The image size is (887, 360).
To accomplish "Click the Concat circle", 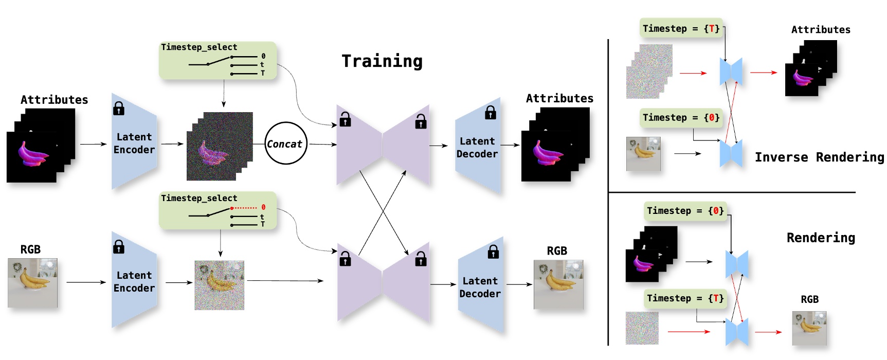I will pos(285,143).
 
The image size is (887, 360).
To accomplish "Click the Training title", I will pos(382,61).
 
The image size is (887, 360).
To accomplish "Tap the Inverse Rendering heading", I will pos(819,157).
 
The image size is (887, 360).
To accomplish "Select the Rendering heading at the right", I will pos(821,238).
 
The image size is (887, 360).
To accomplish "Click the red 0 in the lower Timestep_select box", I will pos(263,207).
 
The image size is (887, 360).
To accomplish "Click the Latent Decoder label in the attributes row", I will pos(477,148).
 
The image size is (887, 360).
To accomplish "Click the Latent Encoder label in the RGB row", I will pos(134,282).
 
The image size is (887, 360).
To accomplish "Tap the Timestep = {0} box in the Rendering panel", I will pos(685,211).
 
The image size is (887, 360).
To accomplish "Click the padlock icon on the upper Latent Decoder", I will pos(491,113).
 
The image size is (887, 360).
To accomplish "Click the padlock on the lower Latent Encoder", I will pos(119,247).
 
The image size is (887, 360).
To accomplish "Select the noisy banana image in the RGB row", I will pos(220,285).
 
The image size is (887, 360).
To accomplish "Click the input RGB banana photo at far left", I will pos(32,283).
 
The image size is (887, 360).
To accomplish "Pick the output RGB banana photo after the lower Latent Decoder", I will pos(558,284).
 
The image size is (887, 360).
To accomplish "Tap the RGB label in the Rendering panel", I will pos(809,299).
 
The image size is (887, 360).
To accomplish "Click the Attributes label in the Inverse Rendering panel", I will pos(821,30).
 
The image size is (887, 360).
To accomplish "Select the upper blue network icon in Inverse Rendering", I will pos(731,71).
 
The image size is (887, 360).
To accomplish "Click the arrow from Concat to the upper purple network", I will pos(322,145).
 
